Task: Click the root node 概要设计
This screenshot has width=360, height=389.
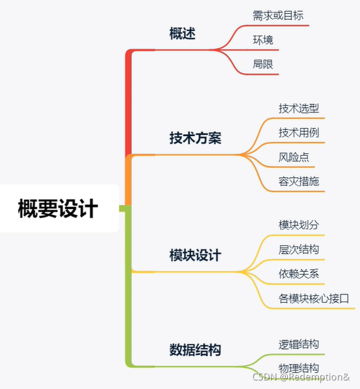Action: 58,209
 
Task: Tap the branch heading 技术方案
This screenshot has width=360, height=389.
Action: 195,139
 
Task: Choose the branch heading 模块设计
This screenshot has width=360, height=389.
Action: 195,255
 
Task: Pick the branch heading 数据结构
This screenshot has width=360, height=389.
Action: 195,350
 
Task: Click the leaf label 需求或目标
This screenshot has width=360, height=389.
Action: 278,15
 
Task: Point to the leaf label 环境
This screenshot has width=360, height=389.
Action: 263,40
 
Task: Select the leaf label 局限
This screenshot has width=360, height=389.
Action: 263,64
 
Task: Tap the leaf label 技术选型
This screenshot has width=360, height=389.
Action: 299,108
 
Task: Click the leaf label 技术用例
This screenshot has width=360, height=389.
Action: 299,133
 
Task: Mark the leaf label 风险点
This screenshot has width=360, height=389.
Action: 294,158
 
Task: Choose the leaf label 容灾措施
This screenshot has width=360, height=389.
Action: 299,181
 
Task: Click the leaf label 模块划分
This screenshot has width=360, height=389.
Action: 299,225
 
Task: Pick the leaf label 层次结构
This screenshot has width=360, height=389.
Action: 299,250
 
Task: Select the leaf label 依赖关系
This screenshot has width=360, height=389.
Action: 299,274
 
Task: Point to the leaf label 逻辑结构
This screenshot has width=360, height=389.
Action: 299,344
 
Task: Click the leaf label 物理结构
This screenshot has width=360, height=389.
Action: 299,368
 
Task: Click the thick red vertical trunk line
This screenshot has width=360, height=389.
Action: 129,105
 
